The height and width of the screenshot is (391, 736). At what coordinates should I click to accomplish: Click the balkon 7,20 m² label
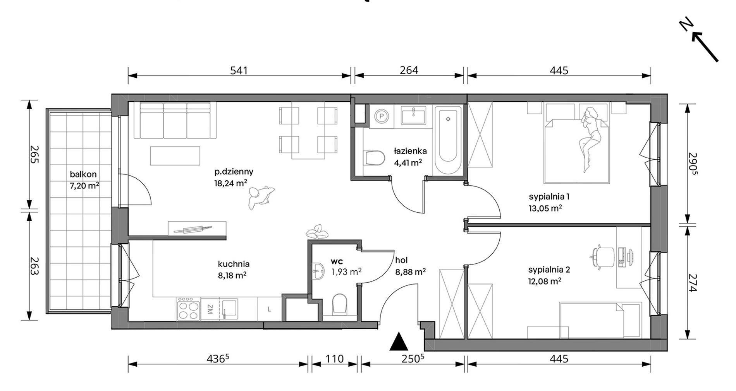click(x=84, y=180)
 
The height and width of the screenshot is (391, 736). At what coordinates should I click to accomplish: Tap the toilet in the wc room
click(x=340, y=303)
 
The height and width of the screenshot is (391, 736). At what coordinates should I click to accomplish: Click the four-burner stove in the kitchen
click(x=188, y=309)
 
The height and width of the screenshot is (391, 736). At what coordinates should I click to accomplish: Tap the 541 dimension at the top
click(x=239, y=70)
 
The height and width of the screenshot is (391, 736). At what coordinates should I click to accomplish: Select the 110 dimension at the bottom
click(x=334, y=359)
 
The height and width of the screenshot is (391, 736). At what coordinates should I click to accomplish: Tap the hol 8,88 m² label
click(x=410, y=266)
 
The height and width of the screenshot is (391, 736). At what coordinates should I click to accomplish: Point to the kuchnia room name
click(x=234, y=264)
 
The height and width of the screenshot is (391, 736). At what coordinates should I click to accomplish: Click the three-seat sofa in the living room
click(x=175, y=120)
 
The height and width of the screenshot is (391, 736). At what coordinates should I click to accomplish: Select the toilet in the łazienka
click(x=374, y=158)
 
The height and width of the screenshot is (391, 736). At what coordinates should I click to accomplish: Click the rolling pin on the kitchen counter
click(x=193, y=229)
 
